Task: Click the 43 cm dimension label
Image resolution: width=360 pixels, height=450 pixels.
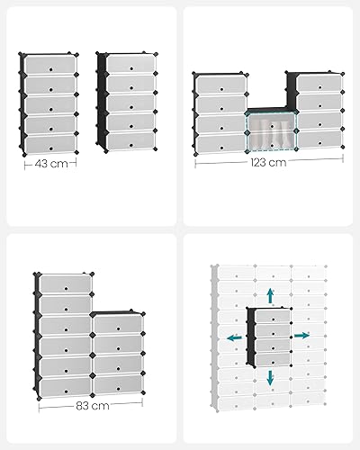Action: (51, 164)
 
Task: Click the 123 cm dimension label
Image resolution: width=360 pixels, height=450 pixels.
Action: (268, 162)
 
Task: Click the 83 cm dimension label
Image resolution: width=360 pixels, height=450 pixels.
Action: (93, 406)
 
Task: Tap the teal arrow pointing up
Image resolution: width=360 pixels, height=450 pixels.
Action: (271, 295)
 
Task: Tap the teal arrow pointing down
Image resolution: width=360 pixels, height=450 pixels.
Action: (271, 378)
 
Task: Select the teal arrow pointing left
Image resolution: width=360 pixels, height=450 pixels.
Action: (234, 338)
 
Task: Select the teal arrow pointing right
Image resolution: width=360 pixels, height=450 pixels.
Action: (301, 336)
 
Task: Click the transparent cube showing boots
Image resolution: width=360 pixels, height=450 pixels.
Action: (272, 130)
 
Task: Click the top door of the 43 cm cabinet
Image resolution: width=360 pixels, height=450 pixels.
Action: (49, 64)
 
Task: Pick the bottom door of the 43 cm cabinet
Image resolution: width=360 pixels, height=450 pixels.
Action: (50, 144)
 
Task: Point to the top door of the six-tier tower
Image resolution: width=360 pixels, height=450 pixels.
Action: (66, 283)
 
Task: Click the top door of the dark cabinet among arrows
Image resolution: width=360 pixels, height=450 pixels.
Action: (273, 317)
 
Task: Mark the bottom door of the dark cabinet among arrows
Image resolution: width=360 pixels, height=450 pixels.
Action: (274, 359)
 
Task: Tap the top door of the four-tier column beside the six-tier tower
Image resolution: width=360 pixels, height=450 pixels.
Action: (118, 324)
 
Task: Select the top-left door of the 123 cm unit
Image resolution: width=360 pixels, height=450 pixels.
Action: (221, 85)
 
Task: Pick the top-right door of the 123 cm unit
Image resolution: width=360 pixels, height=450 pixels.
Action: (319, 84)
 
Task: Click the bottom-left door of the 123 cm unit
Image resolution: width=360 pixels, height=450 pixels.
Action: (220, 144)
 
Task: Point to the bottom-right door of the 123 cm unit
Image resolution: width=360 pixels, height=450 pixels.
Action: (319, 139)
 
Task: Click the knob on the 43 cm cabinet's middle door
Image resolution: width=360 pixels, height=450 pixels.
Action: (51, 109)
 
